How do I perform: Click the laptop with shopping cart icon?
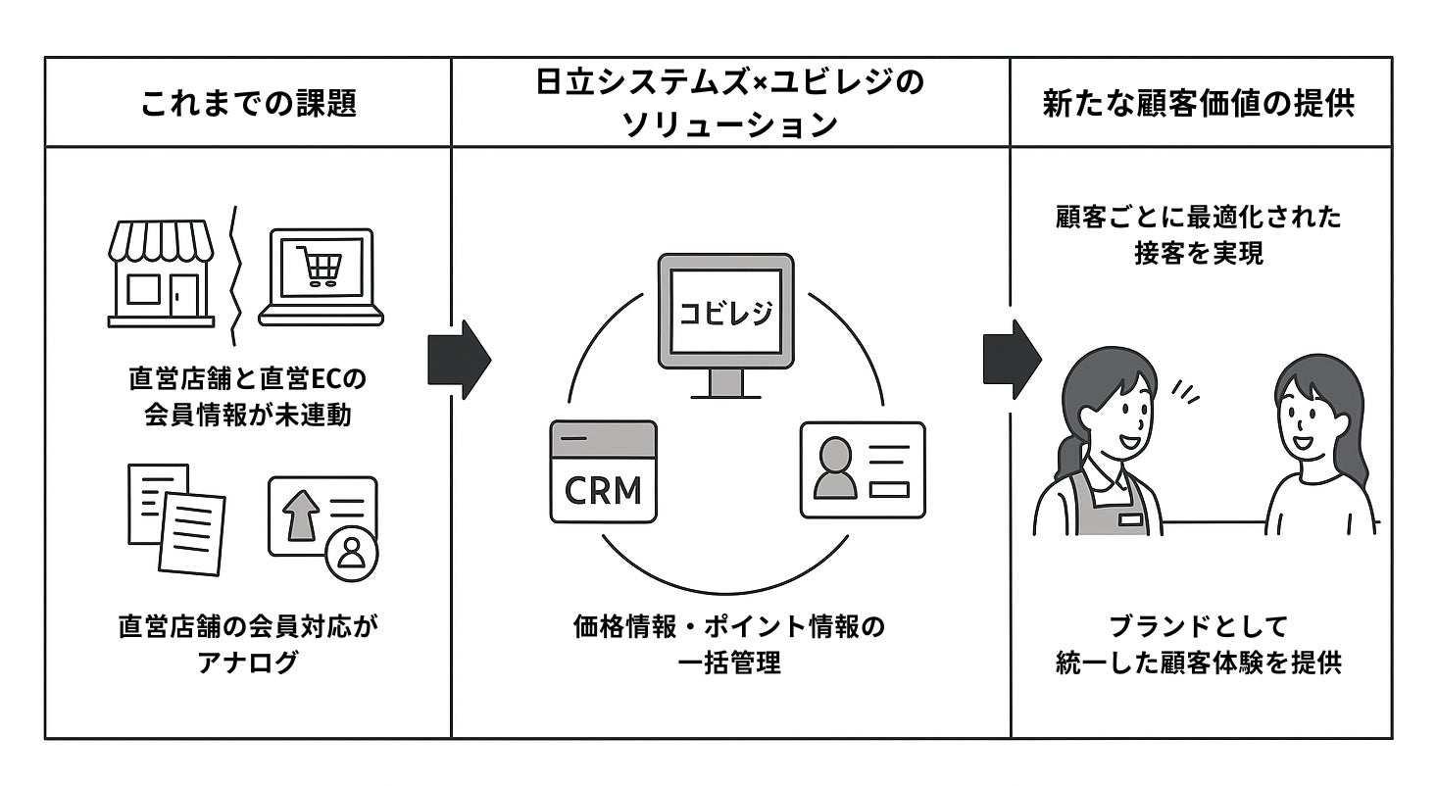point(321,276)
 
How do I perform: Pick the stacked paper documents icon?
point(176,518)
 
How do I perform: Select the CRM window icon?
point(603,471)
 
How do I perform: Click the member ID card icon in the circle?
point(863,469)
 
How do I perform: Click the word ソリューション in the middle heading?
point(729,124)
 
